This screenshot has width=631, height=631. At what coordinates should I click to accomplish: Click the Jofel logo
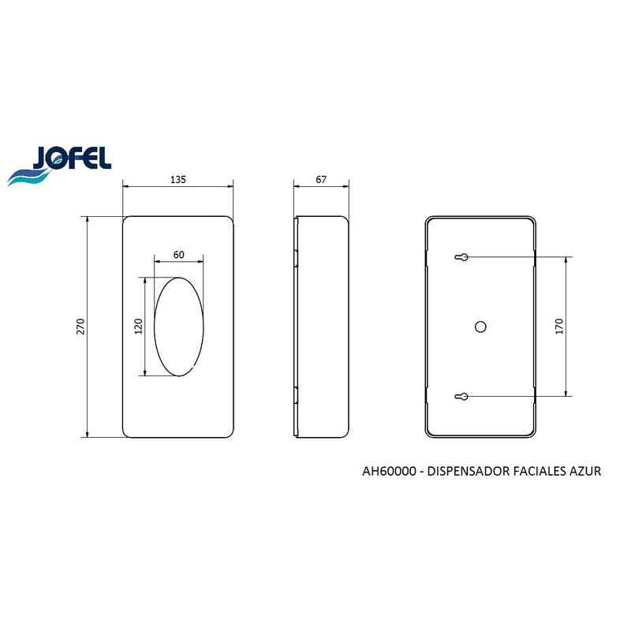(59, 166)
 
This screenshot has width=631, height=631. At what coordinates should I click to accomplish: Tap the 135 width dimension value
(178, 180)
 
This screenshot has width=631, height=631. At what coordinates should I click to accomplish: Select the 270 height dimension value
(81, 327)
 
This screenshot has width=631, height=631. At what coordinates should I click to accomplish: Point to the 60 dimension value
(179, 255)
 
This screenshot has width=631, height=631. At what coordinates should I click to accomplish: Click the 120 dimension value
(139, 327)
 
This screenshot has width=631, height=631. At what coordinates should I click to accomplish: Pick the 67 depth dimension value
(321, 180)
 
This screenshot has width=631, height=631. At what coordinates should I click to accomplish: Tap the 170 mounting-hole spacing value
(559, 327)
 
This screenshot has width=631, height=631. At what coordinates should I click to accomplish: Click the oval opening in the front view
(155, 327)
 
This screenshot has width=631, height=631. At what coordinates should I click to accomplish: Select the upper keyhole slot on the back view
(461, 257)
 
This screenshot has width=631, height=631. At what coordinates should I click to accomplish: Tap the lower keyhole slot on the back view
(461, 397)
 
